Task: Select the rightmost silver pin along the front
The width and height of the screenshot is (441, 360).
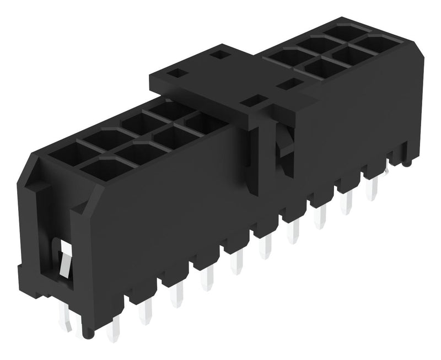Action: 373,189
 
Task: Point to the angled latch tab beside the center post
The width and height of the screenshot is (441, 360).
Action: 283,147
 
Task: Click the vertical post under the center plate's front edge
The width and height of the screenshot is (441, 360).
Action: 261,160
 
